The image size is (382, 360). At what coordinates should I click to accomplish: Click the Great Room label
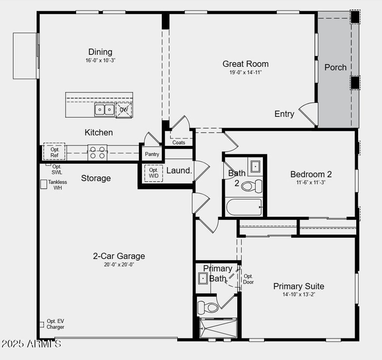[x=245, y=64]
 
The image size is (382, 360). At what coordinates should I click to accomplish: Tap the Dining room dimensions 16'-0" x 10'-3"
[x=100, y=60]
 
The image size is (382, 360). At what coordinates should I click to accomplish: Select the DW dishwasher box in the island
[x=123, y=110]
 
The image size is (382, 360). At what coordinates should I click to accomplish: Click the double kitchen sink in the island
[x=104, y=109]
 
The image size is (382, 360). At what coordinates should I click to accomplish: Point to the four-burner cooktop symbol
[x=97, y=153]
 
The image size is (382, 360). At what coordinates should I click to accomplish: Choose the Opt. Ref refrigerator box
[x=54, y=152]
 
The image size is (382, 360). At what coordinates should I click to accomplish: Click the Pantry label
[x=152, y=154]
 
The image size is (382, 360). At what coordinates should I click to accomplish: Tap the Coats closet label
[x=179, y=143]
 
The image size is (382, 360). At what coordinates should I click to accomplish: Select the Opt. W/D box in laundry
[x=154, y=173]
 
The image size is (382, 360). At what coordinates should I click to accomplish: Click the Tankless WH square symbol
[x=44, y=184]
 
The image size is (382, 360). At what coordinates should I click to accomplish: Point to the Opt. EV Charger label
[x=55, y=324]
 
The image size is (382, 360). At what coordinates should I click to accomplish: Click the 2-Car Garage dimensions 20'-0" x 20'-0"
[x=119, y=264]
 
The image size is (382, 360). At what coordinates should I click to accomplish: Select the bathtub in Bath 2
[x=244, y=207]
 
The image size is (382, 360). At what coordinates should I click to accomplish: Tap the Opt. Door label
[x=248, y=279]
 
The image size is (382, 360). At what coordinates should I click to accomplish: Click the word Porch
[x=335, y=68]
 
